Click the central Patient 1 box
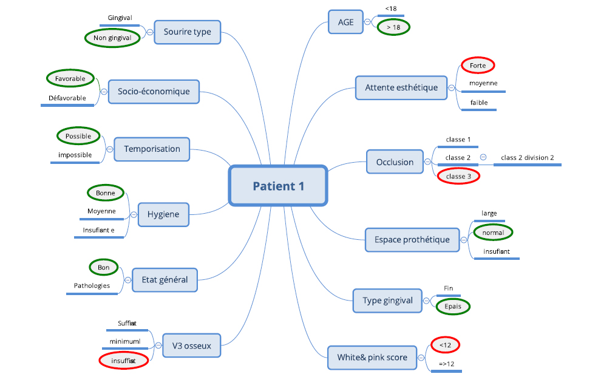(278, 186)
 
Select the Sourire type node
(187, 32)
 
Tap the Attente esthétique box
(401, 88)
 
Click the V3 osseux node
(191, 345)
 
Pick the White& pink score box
(372, 358)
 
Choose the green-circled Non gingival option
(112, 38)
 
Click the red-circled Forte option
(478, 66)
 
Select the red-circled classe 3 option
(458, 176)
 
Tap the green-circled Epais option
(453, 307)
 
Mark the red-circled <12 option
(445, 345)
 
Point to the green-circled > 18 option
(393, 27)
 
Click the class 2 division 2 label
(528, 157)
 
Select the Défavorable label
(67, 98)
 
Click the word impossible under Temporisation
(75, 155)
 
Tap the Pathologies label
(92, 286)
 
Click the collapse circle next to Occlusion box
(427, 162)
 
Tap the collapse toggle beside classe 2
(483, 157)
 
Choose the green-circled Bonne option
(106, 193)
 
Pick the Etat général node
(165, 280)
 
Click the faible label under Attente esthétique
(479, 103)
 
